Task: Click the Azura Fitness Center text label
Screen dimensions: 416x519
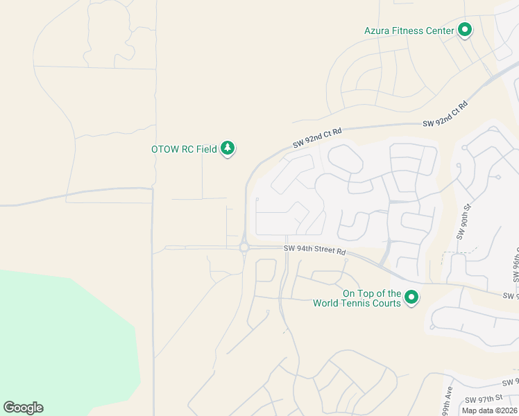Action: click(409, 31)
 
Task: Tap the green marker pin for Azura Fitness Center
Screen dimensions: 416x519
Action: click(465, 30)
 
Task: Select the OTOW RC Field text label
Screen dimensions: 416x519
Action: click(185, 148)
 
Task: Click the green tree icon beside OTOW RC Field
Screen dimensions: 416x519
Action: click(228, 148)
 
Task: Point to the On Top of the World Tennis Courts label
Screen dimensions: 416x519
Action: click(357, 298)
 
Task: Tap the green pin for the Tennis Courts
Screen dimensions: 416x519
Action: click(411, 297)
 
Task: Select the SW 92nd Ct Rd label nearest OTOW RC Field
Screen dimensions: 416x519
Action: click(318, 137)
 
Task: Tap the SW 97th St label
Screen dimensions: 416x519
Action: click(483, 399)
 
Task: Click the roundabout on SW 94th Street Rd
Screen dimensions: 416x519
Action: click(244, 248)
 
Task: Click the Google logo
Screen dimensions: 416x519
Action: click(23, 408)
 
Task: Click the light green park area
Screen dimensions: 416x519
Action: click(62, 340)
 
